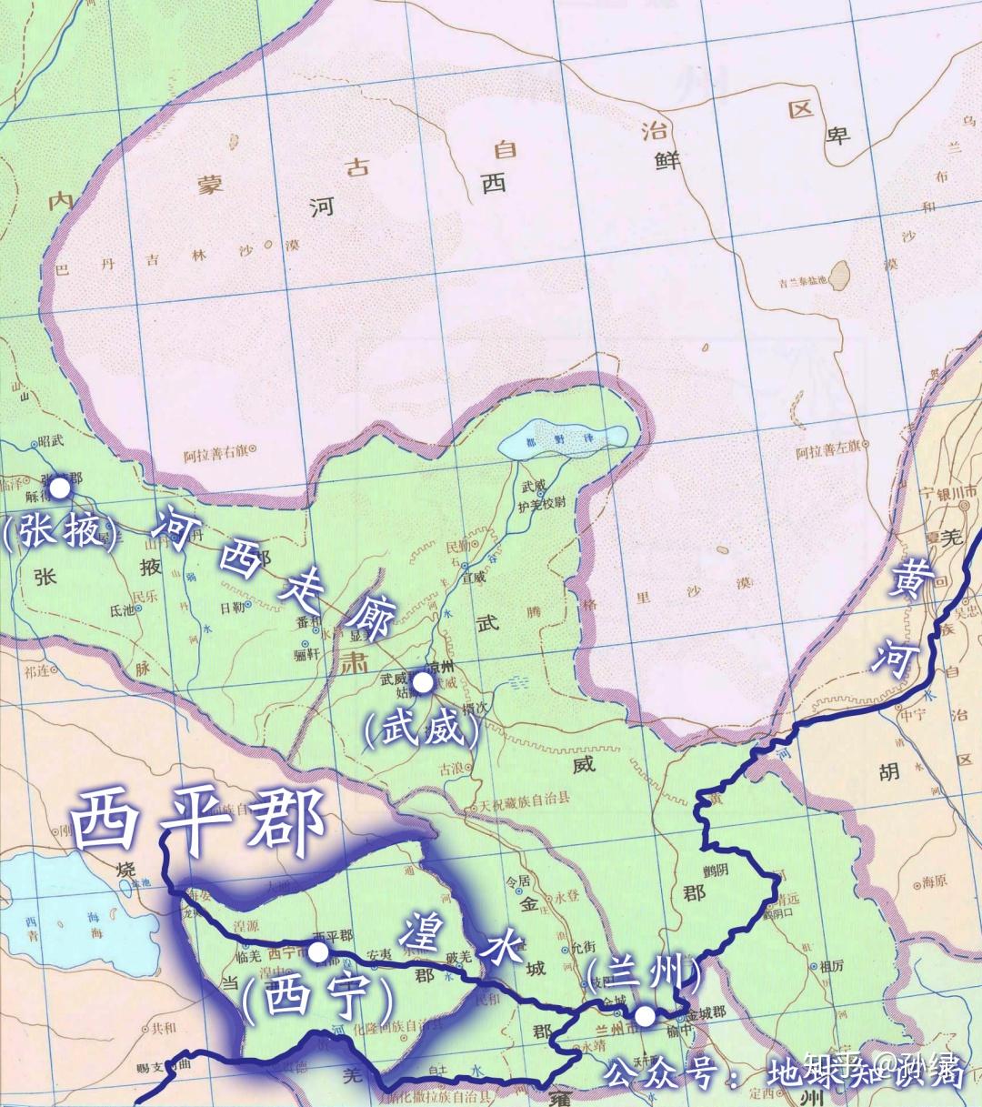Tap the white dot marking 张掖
(59, 488)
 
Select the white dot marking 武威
(422, 682)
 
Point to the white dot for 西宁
(318, 951)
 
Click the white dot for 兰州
(644, 1016)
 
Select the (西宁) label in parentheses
(318, 998)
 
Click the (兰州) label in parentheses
(644, 975)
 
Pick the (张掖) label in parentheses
(61, 530)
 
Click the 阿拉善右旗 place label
(216, 448)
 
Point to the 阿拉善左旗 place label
(828, 450)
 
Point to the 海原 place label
(935, 881)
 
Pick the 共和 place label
(164, 1028)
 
